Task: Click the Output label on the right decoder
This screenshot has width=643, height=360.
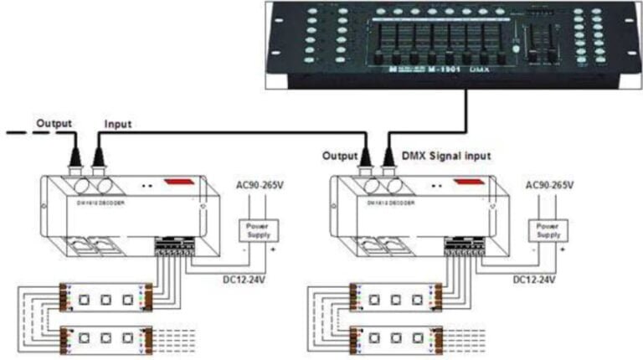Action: pos(340,155)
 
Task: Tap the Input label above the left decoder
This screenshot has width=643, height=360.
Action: pos(118,123)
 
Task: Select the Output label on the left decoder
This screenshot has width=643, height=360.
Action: pos(53,121)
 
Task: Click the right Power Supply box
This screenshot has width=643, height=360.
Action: pos(548,230)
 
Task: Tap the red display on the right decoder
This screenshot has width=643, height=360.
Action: pos(467,181)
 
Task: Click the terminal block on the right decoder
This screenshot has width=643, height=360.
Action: pos(465,244)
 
